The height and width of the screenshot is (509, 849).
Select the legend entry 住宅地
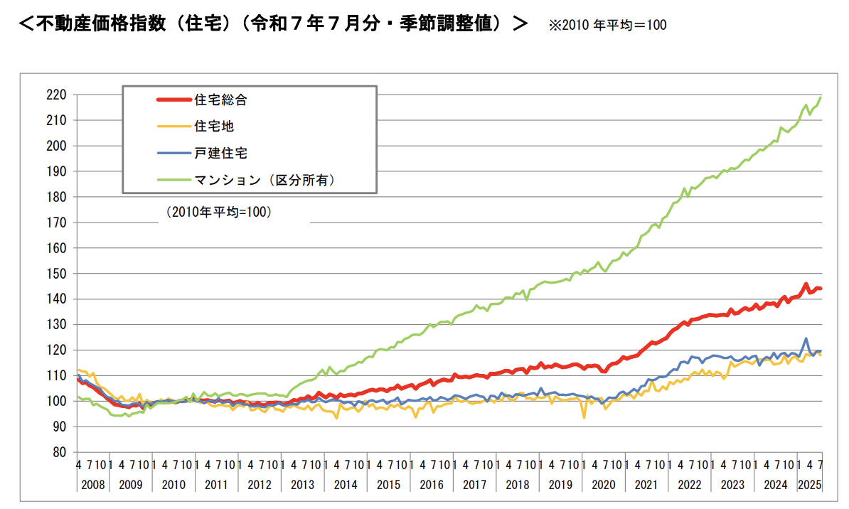[x=214, y=127]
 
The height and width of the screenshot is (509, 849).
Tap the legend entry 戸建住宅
[x=220, y=153]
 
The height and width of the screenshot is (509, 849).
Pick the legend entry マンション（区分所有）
[x=264, y=180]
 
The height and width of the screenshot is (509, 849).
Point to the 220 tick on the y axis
[x=58, y=95]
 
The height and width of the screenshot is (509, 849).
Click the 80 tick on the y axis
[x=60, y=452]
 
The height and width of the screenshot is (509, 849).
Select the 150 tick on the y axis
[x=58, y=274]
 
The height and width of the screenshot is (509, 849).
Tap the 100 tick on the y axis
[x=58, y=401]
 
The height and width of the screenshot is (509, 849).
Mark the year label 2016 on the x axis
[x=431, y=485]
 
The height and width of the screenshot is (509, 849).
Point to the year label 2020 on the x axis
[x=602, y=485]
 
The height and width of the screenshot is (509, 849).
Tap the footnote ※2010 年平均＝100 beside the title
[x=607, y=25]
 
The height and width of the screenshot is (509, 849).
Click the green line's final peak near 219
[x=821, y=97]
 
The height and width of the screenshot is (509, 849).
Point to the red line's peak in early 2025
[x=806, y=284]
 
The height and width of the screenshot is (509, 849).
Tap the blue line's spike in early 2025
[x=806, y=338]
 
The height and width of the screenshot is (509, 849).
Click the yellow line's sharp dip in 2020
[x=584, y=417]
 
